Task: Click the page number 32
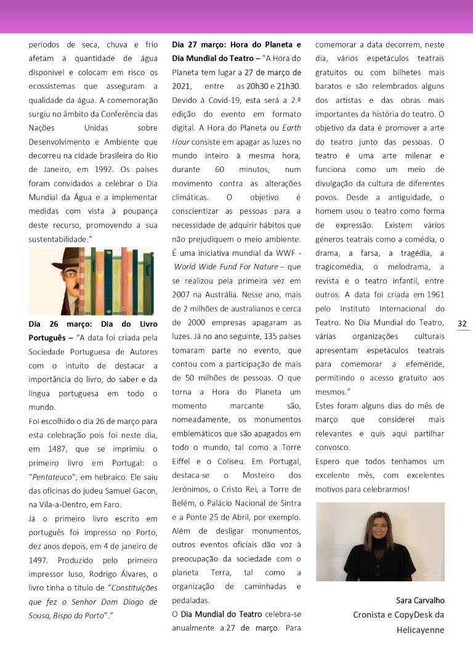click(x=463, y=324)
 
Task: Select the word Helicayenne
click(x=421, y=630)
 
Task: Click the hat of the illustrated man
click(x=55, y=258)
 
